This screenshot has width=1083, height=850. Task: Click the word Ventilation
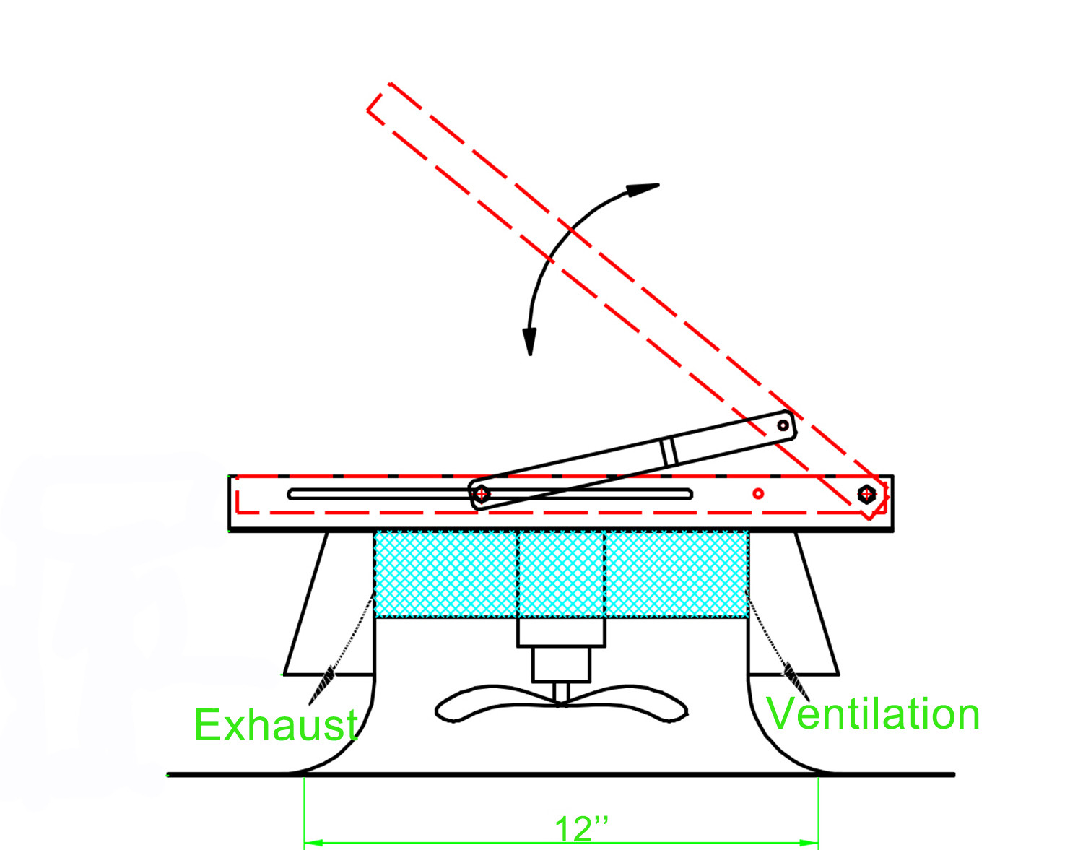point(872,714)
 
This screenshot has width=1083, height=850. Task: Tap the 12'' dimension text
point(581,829)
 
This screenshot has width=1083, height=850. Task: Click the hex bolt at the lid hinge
point(866,494)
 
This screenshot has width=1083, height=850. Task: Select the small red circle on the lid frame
point(758,493)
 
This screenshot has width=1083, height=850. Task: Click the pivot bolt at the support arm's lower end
point(481,494)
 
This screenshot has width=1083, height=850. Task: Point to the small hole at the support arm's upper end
point(783,426)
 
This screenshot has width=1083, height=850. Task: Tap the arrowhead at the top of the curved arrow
point(643,190)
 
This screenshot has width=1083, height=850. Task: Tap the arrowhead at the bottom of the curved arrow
point(529,342)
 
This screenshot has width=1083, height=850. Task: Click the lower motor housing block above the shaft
point(561,664)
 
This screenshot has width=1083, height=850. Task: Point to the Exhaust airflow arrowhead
point(323,685)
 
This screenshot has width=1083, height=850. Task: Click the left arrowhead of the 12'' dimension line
point(313,844)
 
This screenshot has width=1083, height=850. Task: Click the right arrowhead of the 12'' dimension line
point(809,844)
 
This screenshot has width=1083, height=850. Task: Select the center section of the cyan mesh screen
point(561,575)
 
